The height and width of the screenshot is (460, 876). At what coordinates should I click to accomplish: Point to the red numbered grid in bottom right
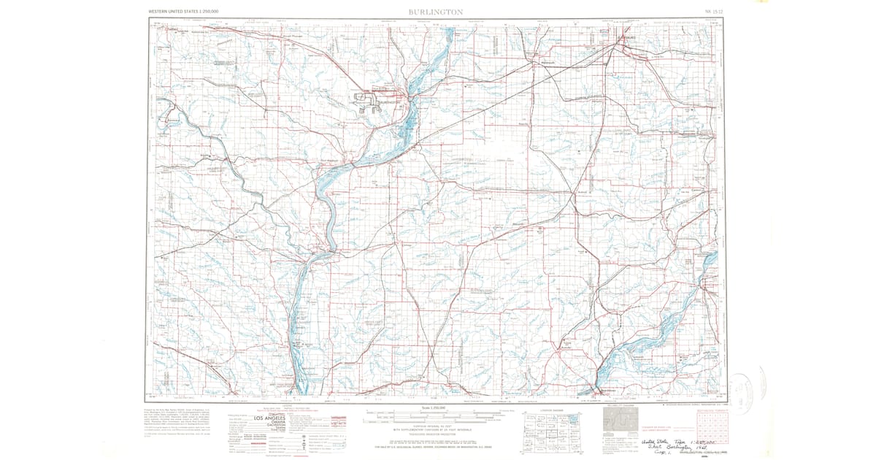coord(707,427)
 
